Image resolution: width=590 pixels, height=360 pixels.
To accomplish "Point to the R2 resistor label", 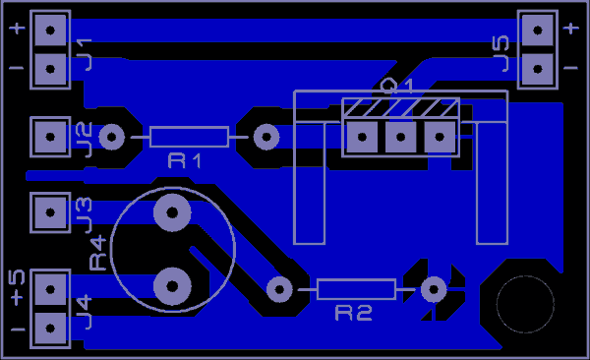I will click(x=354, y=314).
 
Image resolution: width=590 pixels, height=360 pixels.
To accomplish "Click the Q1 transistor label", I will click(x=397, y=87).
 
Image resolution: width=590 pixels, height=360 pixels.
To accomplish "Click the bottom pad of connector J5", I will click(x=537, y=67).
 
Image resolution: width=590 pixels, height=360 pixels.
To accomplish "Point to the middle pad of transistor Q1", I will click(x=400, y=137).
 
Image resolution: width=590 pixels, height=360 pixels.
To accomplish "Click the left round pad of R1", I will click(x=112, y=137).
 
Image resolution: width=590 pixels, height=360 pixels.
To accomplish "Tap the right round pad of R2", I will click(x=432, y=289).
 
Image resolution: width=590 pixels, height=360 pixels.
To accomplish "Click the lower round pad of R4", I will click(x=172, y=285).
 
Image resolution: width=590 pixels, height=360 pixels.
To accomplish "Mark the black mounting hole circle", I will click(x=524, y=304).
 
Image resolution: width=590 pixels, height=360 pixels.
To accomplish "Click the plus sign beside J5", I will click(x=571, y=30).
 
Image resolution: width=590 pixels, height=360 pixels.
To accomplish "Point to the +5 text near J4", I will click(x=17, y=287).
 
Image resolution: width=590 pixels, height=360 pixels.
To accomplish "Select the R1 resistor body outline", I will click(x=189, y=137).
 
